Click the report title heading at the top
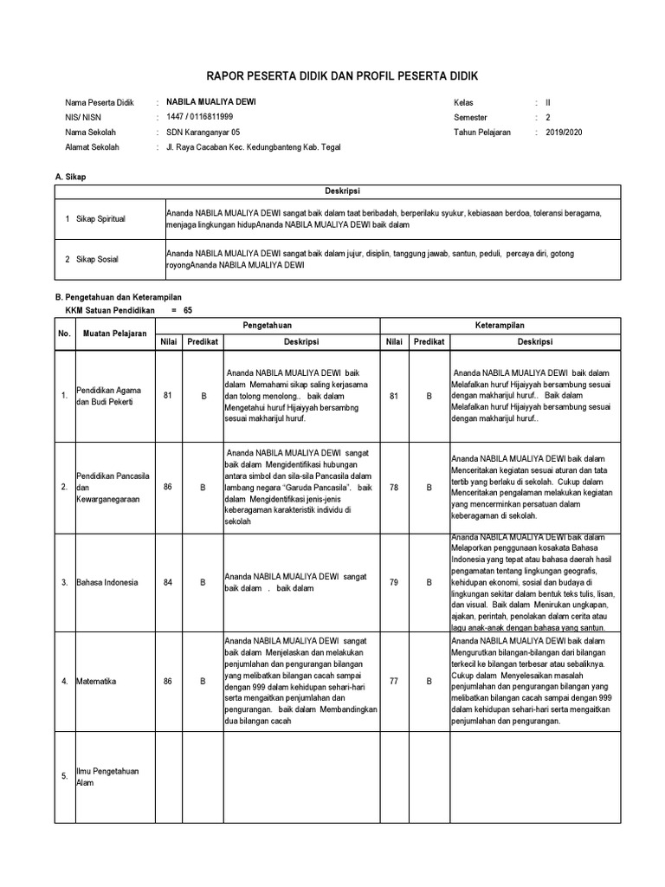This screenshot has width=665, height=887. point(332,78)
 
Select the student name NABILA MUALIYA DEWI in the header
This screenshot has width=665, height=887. point(210,101)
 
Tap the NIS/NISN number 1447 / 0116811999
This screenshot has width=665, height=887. point(199,117)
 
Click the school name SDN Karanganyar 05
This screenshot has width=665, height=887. point(203,133)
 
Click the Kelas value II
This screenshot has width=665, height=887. point(548,101)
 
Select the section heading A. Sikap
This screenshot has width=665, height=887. point(70,177)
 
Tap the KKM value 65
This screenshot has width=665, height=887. point(188,309)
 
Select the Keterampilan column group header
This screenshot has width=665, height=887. point(500,325)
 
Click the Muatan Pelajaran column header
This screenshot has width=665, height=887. point(114,333)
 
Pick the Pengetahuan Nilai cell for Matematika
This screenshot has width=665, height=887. point(168,681)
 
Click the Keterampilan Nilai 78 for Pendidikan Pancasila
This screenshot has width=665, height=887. point(394,487)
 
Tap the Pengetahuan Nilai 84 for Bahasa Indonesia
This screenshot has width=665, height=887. point(168,582)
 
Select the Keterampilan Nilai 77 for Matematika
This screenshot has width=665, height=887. point(394,681)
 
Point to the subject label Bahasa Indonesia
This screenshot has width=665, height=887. point(107,582)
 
